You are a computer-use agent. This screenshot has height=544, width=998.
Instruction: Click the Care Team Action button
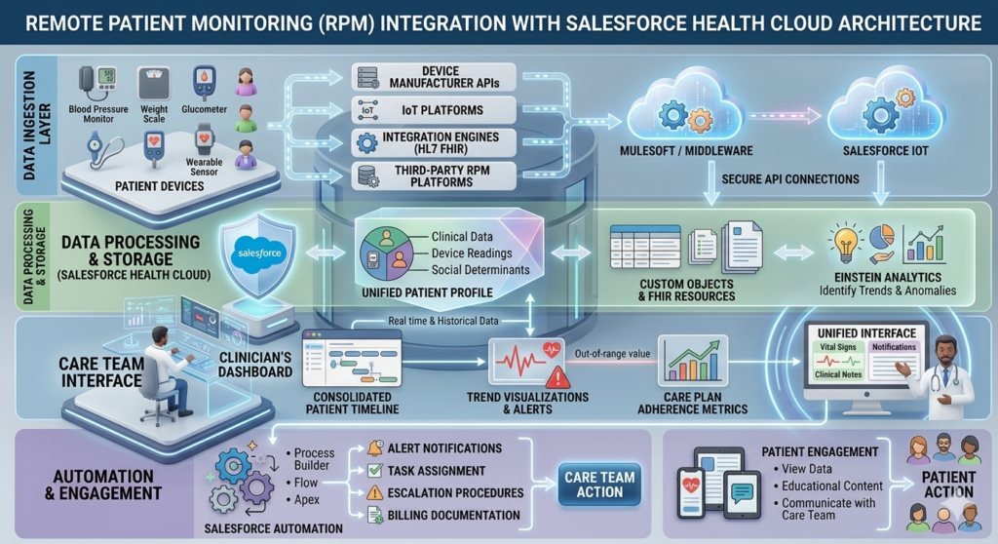[599, 485]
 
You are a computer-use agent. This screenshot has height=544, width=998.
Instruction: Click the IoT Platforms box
[428, 111]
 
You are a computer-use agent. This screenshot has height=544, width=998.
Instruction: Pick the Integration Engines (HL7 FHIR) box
[428, 143]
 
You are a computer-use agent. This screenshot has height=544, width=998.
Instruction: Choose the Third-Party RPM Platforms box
[428, 175]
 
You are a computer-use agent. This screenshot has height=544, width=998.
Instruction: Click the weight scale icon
[154, 84]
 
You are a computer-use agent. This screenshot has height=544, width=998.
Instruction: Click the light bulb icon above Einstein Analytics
[844, 239]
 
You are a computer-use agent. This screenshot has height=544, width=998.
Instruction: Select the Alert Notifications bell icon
[374, 449]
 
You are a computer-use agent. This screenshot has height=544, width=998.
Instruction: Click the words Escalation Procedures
[455, 493]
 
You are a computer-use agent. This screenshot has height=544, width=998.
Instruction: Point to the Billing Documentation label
[453, 515]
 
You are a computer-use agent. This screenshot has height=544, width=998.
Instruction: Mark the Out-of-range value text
[613, 353]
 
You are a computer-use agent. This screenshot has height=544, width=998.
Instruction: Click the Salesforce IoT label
[884, 151]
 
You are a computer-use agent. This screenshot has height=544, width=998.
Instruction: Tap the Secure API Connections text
[790, 179]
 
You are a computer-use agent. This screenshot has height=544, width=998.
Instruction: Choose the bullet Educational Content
[831, 486]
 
